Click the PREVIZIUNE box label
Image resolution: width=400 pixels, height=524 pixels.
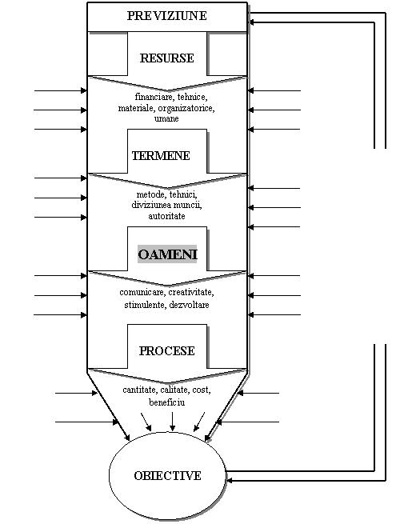pyautogui.click(x=166, y=16)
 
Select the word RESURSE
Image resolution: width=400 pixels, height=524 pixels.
pyautogui.click(x=166, y=58)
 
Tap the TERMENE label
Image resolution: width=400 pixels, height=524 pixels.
pyautogui.click(x=161, y=156)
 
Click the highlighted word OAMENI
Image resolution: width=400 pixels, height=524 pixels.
pyautogui.click(x=167, y=254)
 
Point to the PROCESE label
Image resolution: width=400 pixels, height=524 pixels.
pyautogui.click(x=166, y=351)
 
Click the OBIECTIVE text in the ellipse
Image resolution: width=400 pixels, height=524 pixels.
pyautogui.click(x=167, y=475)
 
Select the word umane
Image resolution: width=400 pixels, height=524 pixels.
pyautogui.click(x=166, y=118)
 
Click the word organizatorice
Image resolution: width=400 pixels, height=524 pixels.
pyautogui.click(x=186, y=108)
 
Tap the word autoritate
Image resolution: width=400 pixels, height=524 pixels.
pyautogui.click(x=166, y=216)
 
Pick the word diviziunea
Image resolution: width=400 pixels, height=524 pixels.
pyautogui.click(x=147, y=205)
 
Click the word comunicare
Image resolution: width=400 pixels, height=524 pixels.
pyautogui.click(x=142, y=293)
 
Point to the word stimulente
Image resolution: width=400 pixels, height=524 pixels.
pyautogui.click(x=144, y=305)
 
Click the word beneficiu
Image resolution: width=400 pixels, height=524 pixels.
pyautogui.click(x=166, y=402)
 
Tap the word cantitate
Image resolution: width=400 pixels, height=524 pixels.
pyautogui.click(x=139, y=390)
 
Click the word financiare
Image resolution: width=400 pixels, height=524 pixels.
pyautogui.click(x=154, y=97)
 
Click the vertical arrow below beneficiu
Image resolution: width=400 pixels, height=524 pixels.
pyautogui.click(x=173, y=422)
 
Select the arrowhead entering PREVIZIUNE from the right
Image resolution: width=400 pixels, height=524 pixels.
pyautogui.click(x=252, y=22)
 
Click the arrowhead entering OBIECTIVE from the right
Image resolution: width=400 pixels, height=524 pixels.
pyautogui.click(x=230, y=481)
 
